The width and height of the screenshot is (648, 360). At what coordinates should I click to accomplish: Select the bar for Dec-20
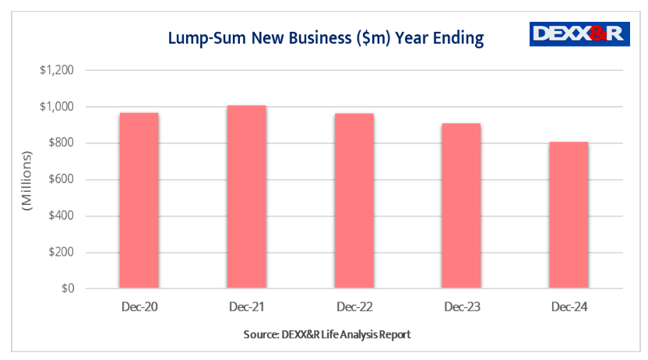coord(139,201)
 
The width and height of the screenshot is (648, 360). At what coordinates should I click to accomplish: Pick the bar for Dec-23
coord(461,206)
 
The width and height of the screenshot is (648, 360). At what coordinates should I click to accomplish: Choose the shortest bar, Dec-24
coord(569,215)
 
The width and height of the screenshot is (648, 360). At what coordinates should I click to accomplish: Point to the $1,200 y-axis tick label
coord(57,70)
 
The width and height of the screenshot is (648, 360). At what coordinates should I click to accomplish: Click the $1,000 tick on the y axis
coord(57,107)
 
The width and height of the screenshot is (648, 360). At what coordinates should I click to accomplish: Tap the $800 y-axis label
coord(60,143)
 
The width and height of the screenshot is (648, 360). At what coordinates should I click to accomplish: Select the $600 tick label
coord(60,179)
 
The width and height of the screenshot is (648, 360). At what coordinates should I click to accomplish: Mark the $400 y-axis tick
coord(60,216)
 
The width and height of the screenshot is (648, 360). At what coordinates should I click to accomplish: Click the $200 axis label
coord(60,252)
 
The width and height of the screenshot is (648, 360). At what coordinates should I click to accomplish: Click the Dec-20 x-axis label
coord(139,308)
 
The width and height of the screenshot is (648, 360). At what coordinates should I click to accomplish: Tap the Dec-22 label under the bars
coord(354,308)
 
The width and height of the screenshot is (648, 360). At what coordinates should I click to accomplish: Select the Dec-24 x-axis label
coord(569,308)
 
